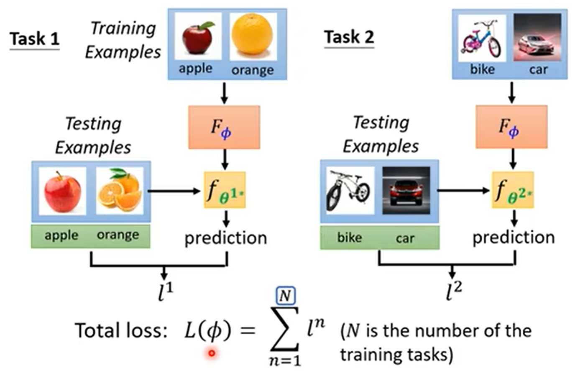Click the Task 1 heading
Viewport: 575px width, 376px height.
(34, 39)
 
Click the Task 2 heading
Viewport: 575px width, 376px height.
(349, 37)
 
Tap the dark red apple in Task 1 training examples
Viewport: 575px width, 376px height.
(197, 37)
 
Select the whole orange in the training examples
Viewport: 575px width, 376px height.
(252, 35)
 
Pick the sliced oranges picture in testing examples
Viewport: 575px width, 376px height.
(120, 190)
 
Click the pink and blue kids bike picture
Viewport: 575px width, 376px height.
(482, 39)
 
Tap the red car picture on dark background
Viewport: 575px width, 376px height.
(406, 191)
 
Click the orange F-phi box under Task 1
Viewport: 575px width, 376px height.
(224, 127)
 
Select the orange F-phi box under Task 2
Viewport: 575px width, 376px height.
(511, 127)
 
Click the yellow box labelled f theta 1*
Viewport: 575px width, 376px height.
(225, 190)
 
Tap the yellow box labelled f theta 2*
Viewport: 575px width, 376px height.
(512, 190)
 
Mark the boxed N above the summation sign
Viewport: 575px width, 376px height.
(286, 296)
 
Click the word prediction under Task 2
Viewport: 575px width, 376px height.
(513, 237)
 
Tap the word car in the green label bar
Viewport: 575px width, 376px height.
(405, 238)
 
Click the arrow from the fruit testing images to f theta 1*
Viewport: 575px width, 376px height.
(174, 191)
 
